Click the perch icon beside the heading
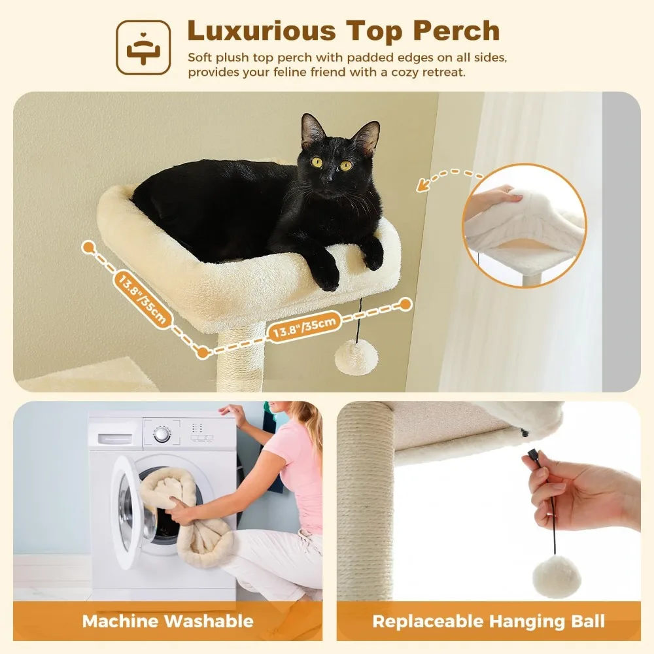(x=143, y=47)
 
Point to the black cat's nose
(x=326, y=177)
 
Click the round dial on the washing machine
(x=162, y=434)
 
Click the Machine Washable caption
(x=167, y=621)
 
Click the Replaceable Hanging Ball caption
(x=489, y=621)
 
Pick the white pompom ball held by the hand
(x=557, y=576)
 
